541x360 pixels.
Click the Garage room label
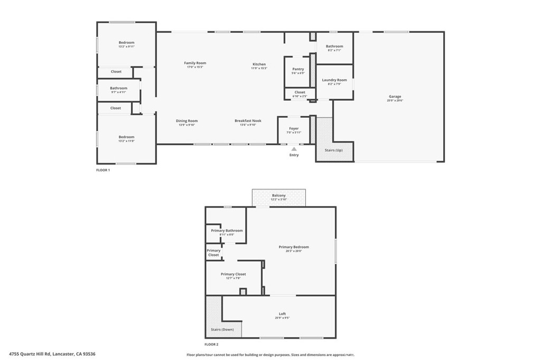click(x=395, y=97)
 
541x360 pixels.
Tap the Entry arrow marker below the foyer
click(x=294, y=149)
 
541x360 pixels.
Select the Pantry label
click(x=297, y=69)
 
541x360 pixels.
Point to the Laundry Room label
click(x=334, y=80)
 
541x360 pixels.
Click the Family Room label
click(x=194, y=63)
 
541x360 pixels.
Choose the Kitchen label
click(x=258, y=64)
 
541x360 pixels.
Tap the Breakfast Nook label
click(x=248, y=121)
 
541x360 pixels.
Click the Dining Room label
click(x=186, y=121)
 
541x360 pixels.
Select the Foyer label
click(x=294, y=128)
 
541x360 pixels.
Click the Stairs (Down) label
click(x=222, y=329)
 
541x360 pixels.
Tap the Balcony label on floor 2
click(x=278, y=195)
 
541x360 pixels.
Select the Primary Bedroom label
click(x=294, y=247)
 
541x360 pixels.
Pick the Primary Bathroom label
click(x=227, y=230)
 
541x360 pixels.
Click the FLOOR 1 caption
click(x=102, y=170)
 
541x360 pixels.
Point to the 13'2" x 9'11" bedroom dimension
click(x=126, y=47)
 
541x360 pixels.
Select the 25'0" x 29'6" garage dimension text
click(x=395, y=101)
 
